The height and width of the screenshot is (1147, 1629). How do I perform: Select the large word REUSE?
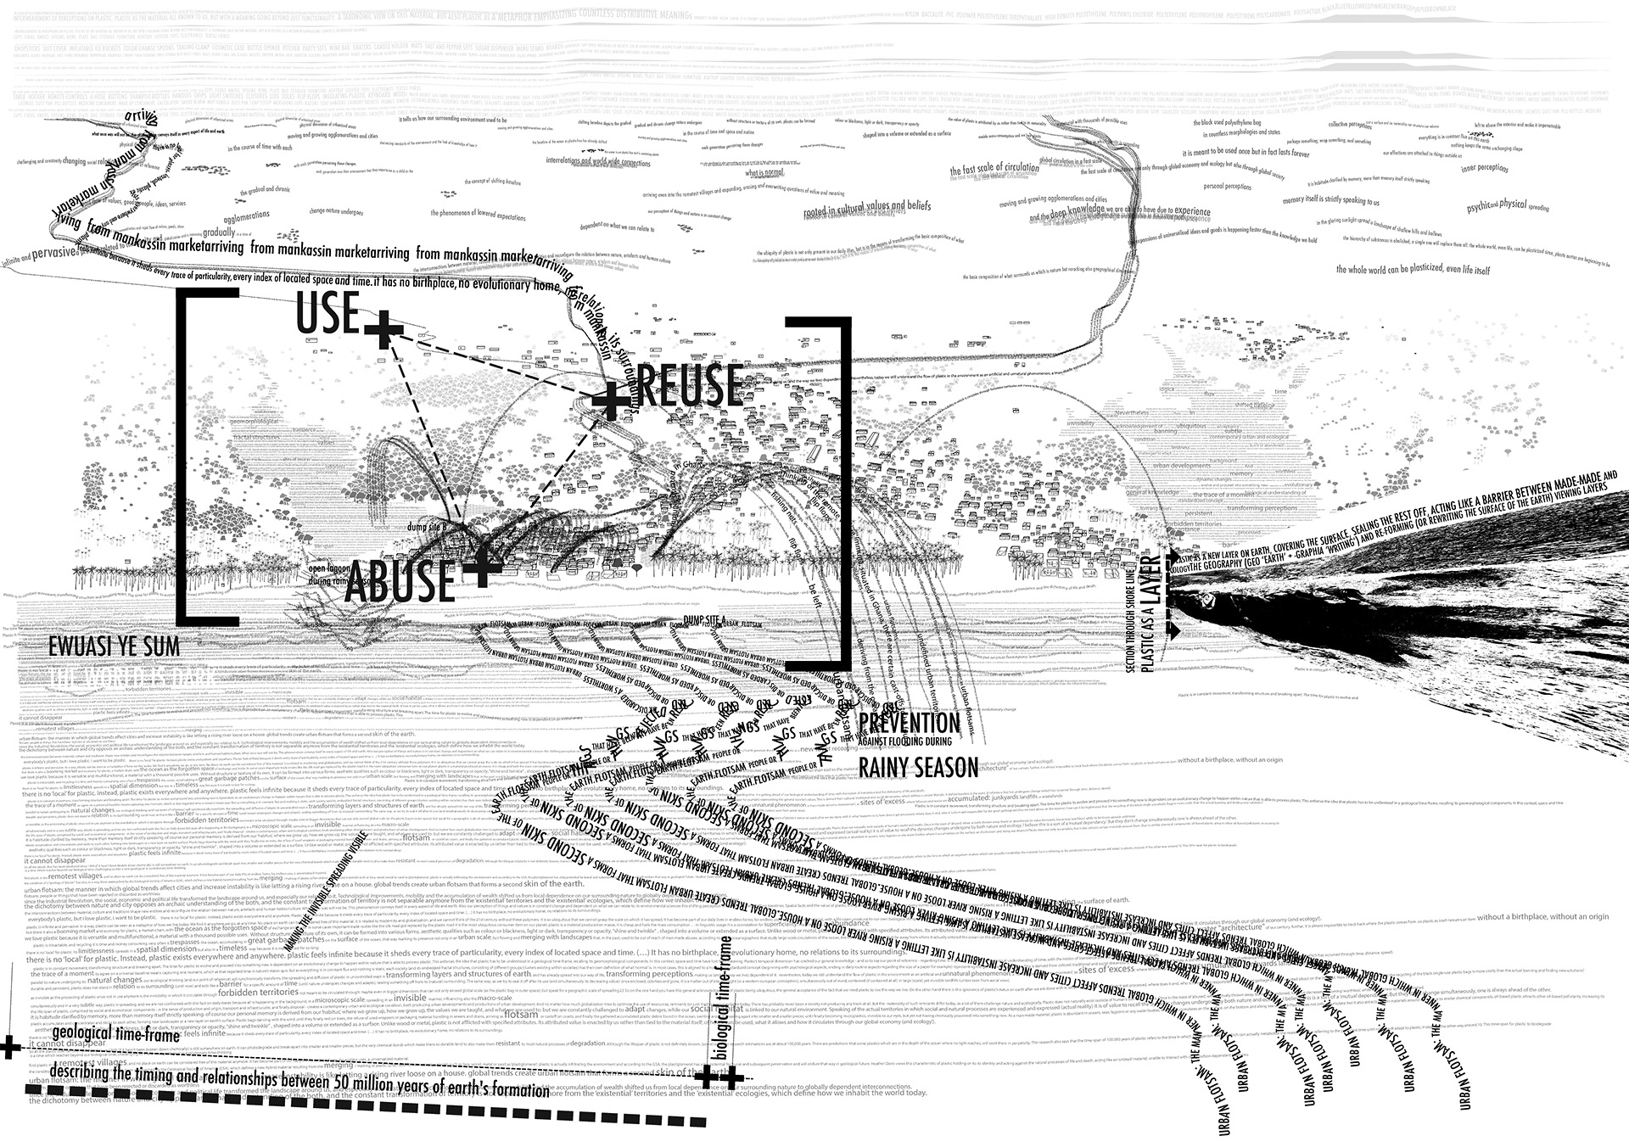coord(689,385)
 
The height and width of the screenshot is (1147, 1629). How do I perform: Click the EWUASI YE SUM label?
coord(115,646)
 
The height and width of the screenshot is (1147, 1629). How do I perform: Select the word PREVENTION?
coord(909,723)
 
